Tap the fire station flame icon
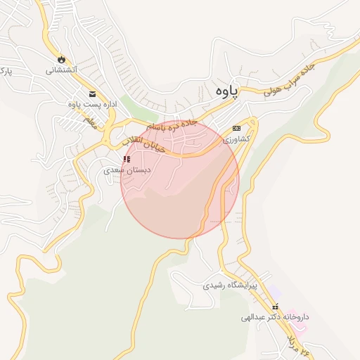pos(62,59)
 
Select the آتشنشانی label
pos(62,70)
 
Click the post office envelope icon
pos(92,94)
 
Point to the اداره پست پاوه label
pos(91,105)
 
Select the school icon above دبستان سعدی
pos(127,160)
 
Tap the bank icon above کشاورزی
pos(236,128)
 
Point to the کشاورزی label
pos(236,139)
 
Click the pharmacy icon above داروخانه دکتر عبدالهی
pos(276,307)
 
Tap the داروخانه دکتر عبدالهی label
pos(275,317)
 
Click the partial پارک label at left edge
pos(5,72)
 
